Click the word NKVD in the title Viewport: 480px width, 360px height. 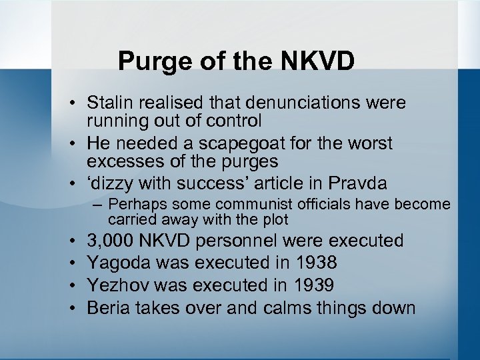319,61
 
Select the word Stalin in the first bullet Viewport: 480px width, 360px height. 113,103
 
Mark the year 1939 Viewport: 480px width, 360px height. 311,285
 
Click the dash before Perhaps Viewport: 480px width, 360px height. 97,204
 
